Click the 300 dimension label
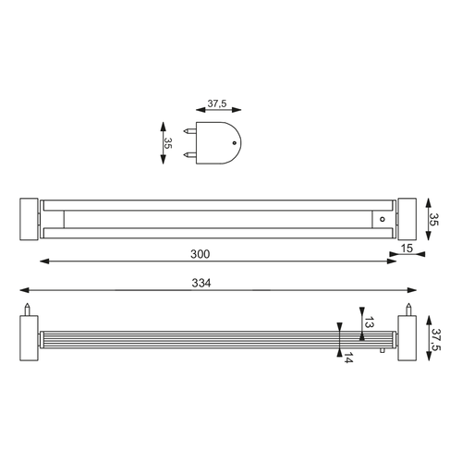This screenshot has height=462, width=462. (200, 254)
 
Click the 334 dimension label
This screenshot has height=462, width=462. (201, 283)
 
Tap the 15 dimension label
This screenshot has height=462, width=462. (407, 248)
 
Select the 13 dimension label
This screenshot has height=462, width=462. (370, 322)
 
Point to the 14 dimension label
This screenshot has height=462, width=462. (348, 358)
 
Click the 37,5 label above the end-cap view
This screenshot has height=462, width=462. (217, 103)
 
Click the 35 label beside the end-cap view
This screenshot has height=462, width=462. (168, 143)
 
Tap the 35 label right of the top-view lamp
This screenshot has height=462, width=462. (433, 219)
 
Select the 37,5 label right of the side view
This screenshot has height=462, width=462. (436, 339)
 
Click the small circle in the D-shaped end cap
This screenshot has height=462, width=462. (235, 142)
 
